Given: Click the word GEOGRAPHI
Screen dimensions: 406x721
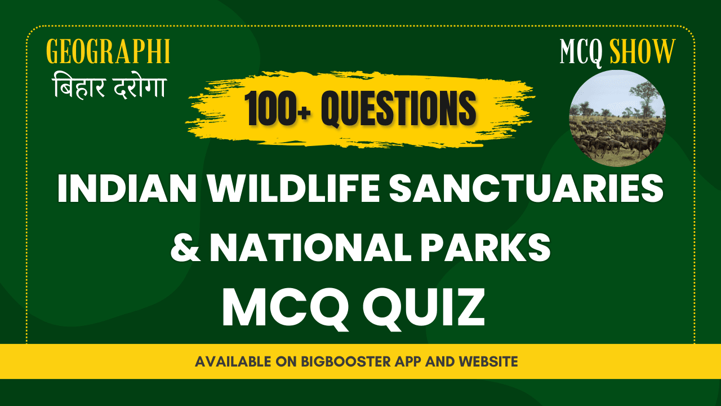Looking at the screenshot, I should click(x=108, y=52).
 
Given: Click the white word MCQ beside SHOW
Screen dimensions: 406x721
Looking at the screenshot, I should click(x=581, y=52).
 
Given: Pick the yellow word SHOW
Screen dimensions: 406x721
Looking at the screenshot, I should click(x=642, y=52).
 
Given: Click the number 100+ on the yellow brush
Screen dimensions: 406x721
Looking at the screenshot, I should click(x=277, y=107).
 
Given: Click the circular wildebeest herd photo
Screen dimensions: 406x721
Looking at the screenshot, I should click(x=617, y=118).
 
